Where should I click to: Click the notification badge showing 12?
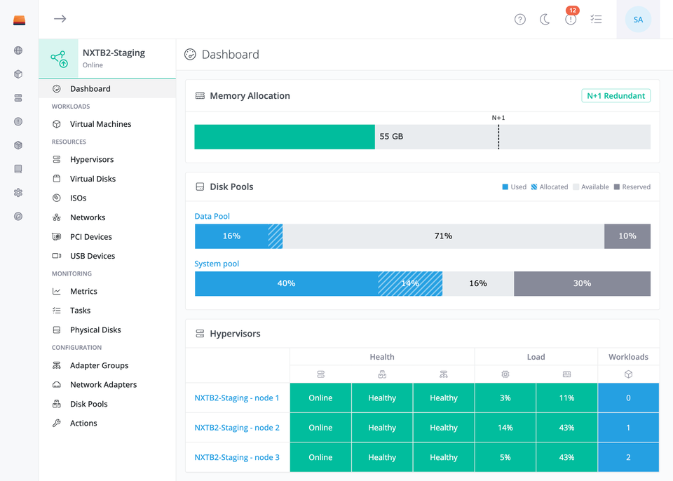point(573,11)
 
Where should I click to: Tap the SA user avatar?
point(638,20)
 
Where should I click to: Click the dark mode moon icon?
point(545,20)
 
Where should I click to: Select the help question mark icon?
point(519,20)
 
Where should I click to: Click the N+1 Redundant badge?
point(616,96)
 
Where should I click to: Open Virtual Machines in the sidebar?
point(100,124)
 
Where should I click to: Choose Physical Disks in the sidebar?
point(95,330)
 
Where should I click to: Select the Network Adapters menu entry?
point(104,385)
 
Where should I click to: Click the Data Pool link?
point(212,216)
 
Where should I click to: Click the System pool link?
point(217,264)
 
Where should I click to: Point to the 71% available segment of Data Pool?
point(443,236)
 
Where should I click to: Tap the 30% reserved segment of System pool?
point(582,283)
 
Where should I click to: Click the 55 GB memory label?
point(391,137)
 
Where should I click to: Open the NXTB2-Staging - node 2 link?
point(237,428)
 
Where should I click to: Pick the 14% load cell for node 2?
point(505,428)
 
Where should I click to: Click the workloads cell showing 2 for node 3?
point(628,457)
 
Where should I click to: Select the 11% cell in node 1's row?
point(566,398)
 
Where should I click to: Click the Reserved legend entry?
point(632,187)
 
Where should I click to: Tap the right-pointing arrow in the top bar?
point(60,18)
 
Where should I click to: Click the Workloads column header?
point(628,357)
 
